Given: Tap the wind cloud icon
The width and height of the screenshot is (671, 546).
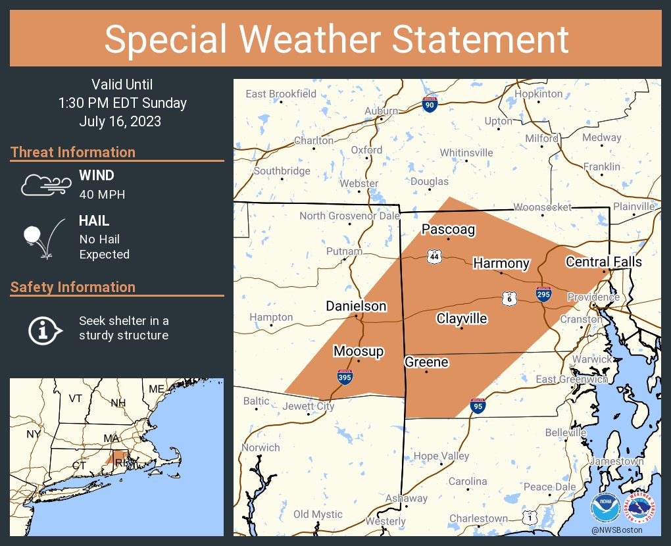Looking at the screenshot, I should (45, 184).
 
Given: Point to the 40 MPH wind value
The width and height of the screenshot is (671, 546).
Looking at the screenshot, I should (102, 194).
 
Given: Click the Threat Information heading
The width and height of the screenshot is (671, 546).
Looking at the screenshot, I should (73, 152).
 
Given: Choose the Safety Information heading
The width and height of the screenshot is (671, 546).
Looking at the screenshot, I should (73, 287).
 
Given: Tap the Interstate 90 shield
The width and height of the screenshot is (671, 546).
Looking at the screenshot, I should (430, 104).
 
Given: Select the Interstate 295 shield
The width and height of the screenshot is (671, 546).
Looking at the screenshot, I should (543, 294).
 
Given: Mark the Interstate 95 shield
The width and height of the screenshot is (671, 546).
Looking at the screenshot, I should (478, 406).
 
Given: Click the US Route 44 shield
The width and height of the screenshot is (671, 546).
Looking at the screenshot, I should (434, 256).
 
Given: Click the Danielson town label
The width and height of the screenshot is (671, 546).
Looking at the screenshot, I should (356, 306).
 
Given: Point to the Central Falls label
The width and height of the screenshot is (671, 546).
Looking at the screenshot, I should (604, 262).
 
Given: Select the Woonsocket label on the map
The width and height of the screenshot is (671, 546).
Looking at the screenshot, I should (542, 207).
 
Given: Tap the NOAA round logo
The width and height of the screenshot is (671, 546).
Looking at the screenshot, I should (606, 507).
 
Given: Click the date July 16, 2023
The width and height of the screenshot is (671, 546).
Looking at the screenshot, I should (120, 122).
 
